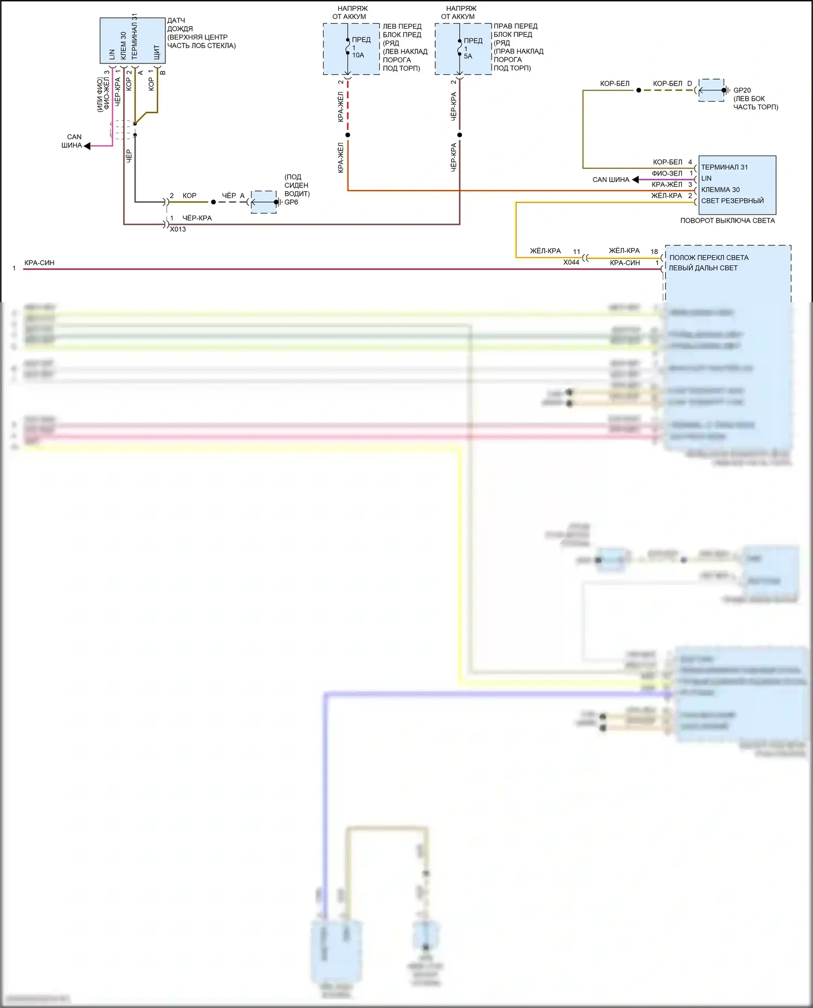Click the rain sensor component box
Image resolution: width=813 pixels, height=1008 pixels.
[x=132, y=40]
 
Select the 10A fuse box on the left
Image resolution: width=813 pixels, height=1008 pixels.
[x=351, y=49]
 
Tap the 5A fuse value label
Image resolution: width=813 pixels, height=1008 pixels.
[x=468, y=56]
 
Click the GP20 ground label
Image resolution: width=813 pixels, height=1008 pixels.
[x=741, y=90]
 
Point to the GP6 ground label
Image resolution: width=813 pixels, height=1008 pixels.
[x=291, y=202]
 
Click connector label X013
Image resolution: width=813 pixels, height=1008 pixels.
[x=178, y=229]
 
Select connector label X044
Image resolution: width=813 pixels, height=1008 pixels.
[x=571, y=262]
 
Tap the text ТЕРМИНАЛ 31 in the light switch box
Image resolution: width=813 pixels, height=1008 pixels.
[x=724, y=167]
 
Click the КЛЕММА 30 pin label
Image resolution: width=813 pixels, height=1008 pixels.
[x=720, y=190]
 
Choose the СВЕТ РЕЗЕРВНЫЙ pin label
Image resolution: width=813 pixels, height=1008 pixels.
[x=732, y=200]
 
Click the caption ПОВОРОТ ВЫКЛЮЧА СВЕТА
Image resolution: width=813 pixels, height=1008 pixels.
[x=727, y=220]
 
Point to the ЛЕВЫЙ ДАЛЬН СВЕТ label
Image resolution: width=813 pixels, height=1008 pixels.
[x=703, y=268]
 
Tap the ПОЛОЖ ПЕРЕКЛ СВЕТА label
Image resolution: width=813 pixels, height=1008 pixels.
[x=708, y=257]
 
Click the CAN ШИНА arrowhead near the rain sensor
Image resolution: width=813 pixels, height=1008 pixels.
[x=87, y=146]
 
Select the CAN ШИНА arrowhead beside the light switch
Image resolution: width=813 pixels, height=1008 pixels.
[x=635, y=179]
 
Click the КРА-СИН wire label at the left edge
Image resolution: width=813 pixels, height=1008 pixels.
[x=39, y=263]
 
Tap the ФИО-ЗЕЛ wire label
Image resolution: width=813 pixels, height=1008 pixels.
[x=667, y=173]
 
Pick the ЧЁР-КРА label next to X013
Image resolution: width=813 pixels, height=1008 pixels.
[x=197, y=218]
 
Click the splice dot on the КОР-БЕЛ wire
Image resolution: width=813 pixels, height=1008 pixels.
[x=638, y=90]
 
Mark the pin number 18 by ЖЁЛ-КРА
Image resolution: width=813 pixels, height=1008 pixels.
[x=654, y=251]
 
